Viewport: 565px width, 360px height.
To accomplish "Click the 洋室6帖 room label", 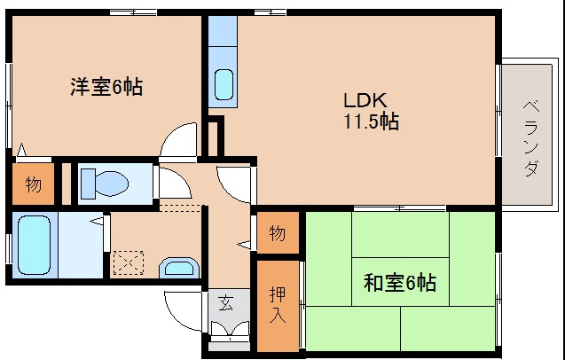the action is [x=106, y=87].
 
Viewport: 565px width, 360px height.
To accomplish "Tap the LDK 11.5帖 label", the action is [x=371, y=111].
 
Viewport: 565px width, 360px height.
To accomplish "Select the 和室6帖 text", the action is [x=400, y=283].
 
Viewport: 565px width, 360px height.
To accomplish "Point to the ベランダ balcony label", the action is [x=530, y=138].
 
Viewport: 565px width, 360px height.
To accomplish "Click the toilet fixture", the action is [x=105, y=184].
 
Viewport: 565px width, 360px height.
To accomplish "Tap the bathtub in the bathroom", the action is [x=34, y=245].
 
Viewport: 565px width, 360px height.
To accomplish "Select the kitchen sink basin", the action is [x=224, y=84].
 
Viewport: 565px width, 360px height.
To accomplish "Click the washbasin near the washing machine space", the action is [x=179, y=268].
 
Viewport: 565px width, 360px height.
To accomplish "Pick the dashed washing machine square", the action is [x=129, y=263].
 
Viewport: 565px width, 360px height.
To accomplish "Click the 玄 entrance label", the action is [x=225, y=302].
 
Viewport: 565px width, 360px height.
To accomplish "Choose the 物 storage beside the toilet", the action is [x=33, y=184].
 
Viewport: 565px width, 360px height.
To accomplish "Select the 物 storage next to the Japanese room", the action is [x=278, y=233].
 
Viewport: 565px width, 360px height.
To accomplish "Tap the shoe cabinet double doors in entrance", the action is [x=230, y=329].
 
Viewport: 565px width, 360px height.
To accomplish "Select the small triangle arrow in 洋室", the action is [x=21, y=150].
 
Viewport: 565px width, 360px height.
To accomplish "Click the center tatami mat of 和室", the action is [x=400, y=281].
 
